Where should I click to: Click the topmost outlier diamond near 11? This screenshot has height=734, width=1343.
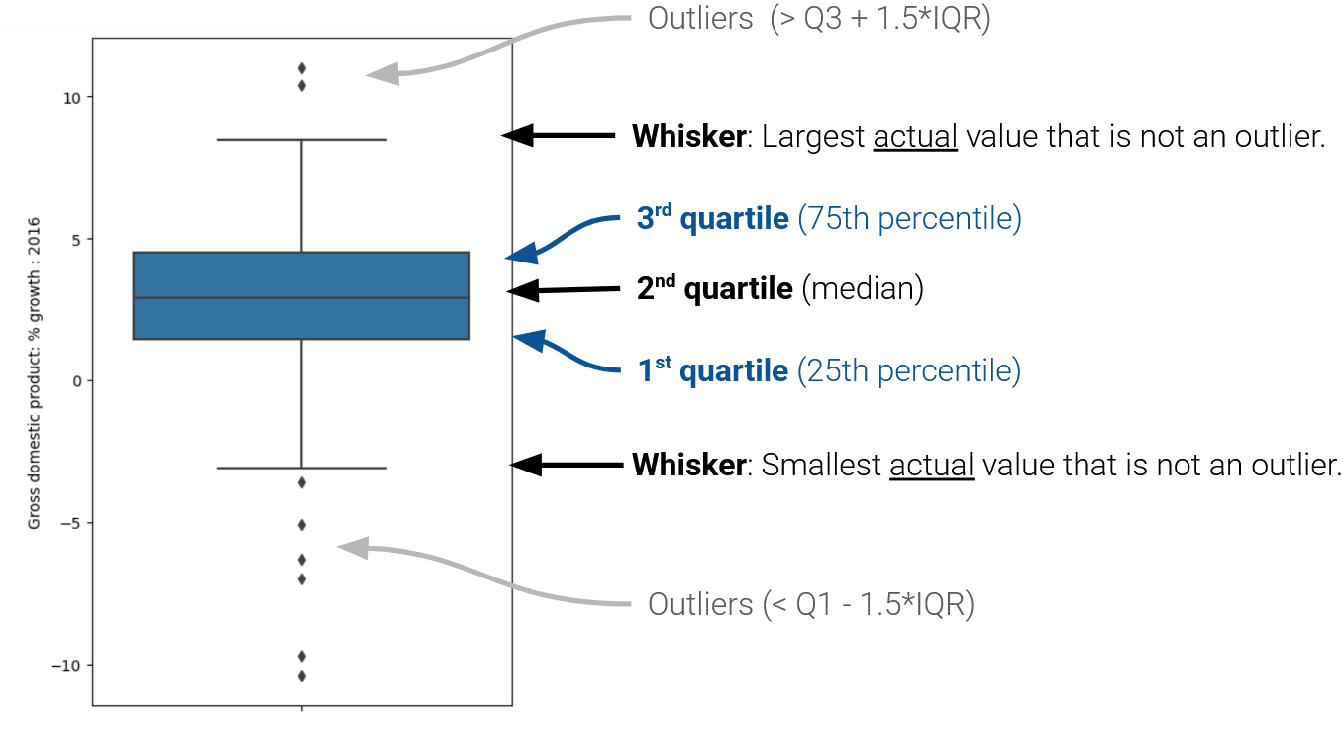[301, 68]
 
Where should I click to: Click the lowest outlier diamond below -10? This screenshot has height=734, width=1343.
[301, 676]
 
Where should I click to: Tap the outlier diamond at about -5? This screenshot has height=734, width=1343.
[301, 524]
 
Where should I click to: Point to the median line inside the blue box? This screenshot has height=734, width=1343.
[301, 297]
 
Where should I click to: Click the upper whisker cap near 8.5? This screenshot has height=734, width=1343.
[301, 140]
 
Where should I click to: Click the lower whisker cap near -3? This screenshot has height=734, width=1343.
[301, 468]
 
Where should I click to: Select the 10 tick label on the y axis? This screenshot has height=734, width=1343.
[72, 97]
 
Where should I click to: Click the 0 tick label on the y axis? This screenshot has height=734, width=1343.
[77, 381]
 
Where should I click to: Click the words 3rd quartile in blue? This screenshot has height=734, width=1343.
[713, 219]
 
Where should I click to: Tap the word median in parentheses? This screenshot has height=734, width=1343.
[862, 289]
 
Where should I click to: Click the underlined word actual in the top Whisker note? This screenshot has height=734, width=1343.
[915, 137]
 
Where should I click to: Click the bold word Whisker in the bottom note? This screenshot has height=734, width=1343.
[688, 465]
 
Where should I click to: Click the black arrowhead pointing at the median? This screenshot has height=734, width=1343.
[519, 291]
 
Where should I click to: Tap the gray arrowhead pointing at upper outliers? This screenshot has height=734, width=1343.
[380, 74]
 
